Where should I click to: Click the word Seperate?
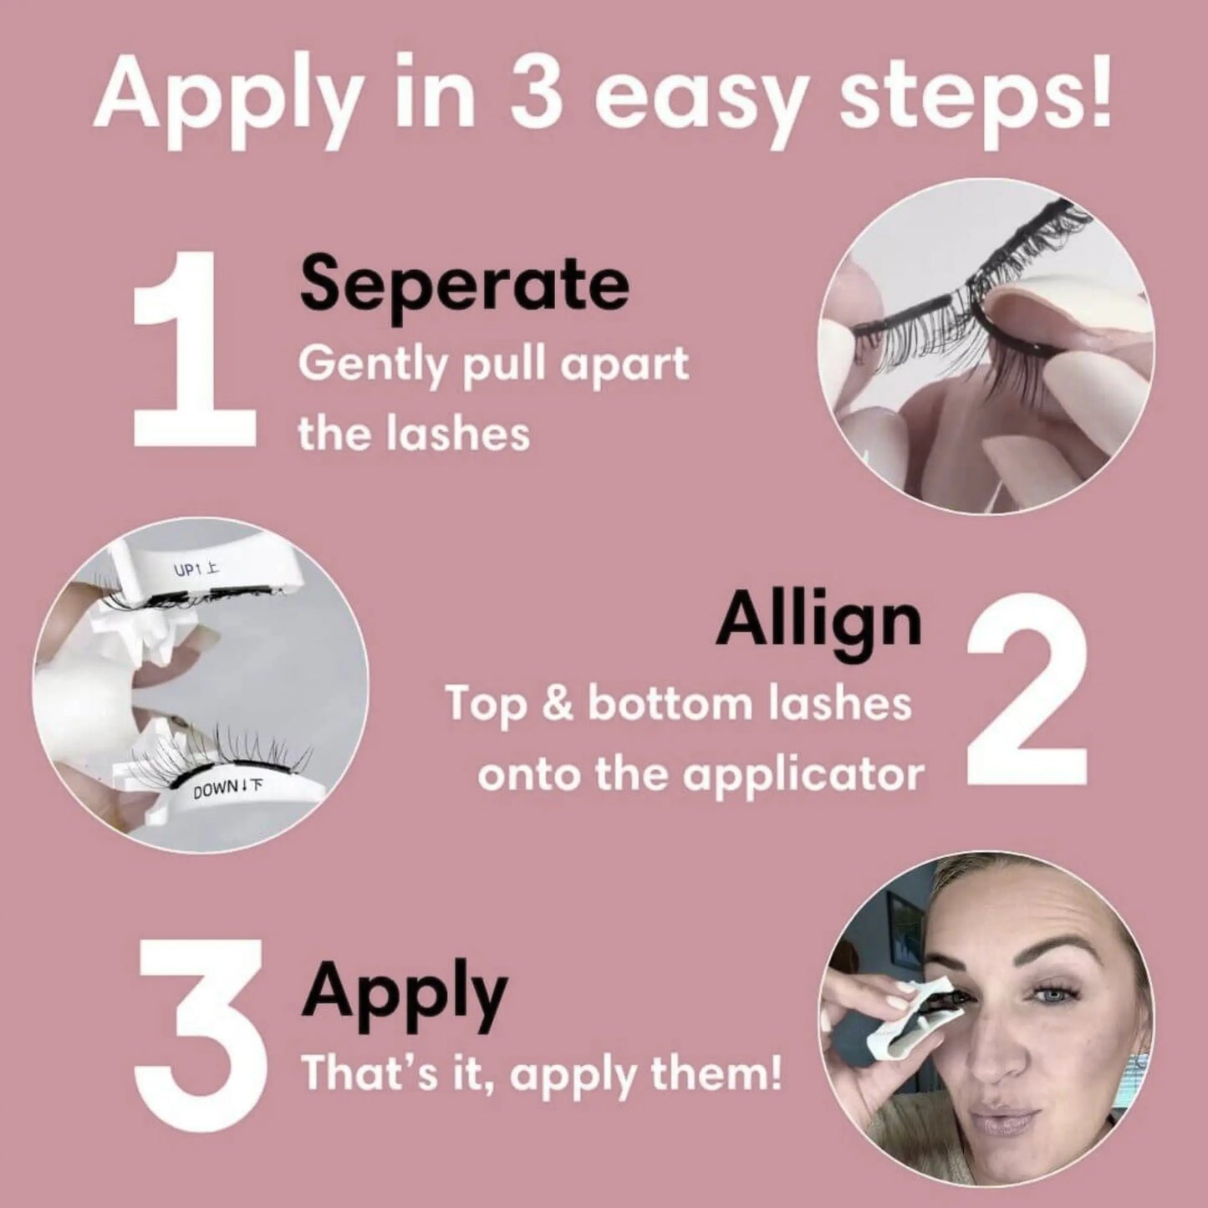coord(464,284)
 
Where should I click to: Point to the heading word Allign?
coord(818,622)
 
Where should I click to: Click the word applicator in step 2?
coord(803,776)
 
